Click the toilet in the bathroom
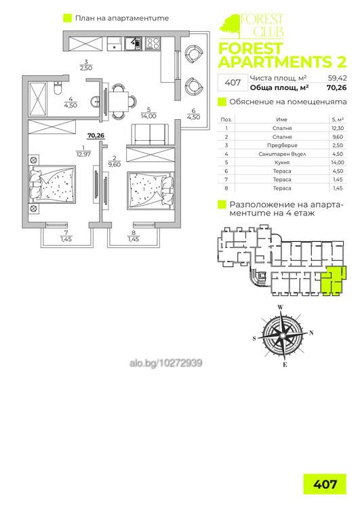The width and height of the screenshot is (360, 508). click(58, 87)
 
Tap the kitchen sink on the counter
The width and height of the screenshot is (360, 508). click(133, 44)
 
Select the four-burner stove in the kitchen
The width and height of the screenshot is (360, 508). click(153, 44)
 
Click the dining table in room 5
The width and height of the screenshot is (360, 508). click(119, 102)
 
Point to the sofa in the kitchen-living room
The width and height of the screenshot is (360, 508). click(150, 135)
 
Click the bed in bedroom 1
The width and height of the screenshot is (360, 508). click(52, 185)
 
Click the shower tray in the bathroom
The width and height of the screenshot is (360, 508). click(38, 99)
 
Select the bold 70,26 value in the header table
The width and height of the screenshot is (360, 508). click(337, 87)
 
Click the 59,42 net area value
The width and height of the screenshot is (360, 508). click(338, 78)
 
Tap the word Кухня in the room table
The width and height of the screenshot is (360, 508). click(282, 163)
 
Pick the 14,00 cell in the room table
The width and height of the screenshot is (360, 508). click(338, 163)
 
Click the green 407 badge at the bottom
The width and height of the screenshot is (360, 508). click(325, 484)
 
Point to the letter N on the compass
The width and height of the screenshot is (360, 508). click(311, 333)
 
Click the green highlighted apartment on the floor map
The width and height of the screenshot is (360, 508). click(332, 281)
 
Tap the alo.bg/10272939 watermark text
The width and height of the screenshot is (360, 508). click(165, 363)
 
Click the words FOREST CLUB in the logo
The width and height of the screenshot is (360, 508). click(262, 24)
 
